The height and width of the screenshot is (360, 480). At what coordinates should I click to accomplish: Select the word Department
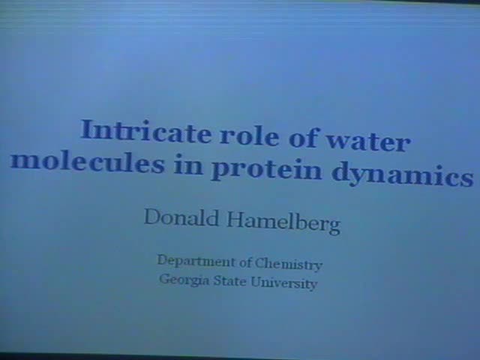coord(194,261)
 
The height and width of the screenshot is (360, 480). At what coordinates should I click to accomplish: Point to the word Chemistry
coord(289,264)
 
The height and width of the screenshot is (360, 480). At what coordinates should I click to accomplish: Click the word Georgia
coord(182,280)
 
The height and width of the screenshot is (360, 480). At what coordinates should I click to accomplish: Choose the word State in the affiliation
coord(232,282)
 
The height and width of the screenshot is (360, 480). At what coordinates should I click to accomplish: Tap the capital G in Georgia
coord(163,280)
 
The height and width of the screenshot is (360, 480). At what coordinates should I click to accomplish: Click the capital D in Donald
coord(151,217)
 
